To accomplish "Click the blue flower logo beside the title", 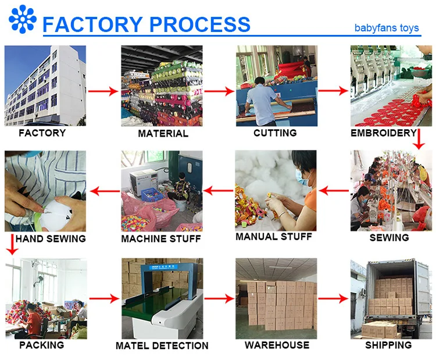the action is coord(23,19).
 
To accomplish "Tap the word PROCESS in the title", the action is coord(200,24).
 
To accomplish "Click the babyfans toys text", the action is coord(387,28).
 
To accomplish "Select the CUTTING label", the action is coord(275,133).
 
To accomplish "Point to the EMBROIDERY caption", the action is coord(384,133).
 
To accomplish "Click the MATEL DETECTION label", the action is coord(162,345).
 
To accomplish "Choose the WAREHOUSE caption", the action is coord(277,345).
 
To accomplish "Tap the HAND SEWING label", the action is coord(51,238).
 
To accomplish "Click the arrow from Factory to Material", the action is coord(103,91).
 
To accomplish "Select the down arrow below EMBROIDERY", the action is coord(419,139).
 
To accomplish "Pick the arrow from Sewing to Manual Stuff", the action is coord(334,191).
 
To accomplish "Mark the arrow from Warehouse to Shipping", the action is coord(333,298).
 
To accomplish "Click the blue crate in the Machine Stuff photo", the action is coord(153,194).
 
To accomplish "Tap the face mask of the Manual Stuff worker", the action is coord(302,177).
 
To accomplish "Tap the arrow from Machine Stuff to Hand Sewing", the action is coord(105,191).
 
